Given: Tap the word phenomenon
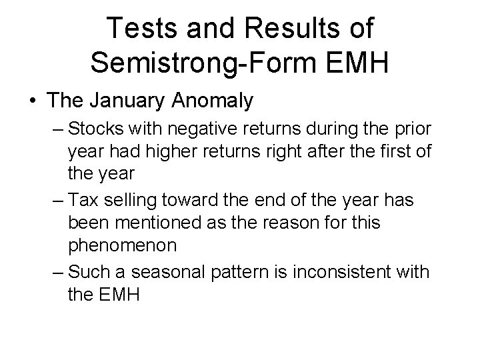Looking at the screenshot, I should [123, 245].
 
